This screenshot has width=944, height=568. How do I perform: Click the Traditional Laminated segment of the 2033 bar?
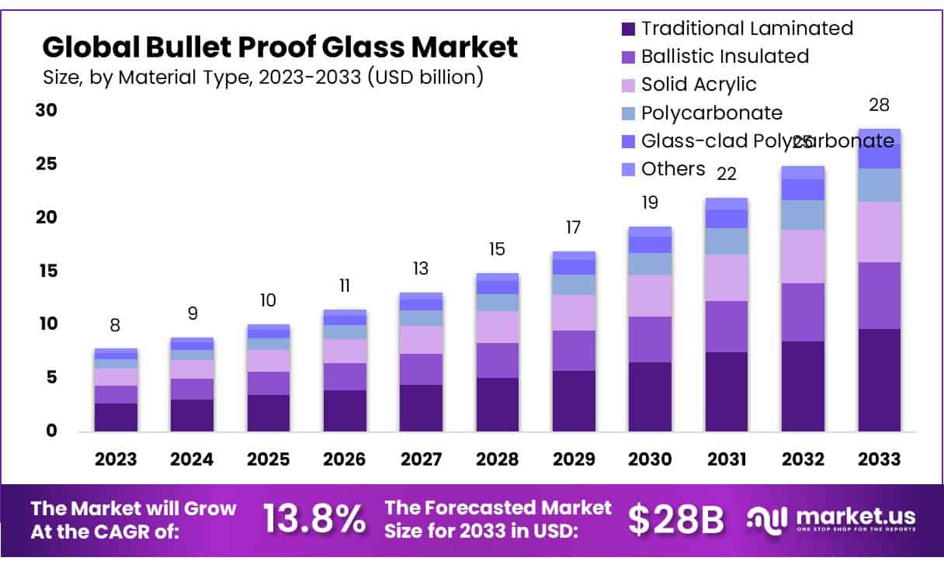879,379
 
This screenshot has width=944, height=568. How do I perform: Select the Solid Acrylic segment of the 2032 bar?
803,256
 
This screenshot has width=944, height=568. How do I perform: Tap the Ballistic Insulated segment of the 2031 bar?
727,327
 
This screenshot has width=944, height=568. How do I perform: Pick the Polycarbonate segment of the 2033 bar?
879,185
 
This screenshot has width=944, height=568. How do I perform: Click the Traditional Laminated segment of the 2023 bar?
116,417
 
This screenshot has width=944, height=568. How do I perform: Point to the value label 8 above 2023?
116,326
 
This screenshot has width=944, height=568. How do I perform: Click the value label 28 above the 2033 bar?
879,106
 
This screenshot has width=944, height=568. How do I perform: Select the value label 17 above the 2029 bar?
574,228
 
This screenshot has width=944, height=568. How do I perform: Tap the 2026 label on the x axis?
344,459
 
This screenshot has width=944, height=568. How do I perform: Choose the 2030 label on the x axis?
650,459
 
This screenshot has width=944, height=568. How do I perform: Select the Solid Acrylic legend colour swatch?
628,85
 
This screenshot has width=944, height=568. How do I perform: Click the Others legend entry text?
672,169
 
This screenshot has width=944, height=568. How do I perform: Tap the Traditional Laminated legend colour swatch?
628,29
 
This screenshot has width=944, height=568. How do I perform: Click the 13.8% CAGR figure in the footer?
314,518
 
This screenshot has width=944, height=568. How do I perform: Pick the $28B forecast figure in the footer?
675,519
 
